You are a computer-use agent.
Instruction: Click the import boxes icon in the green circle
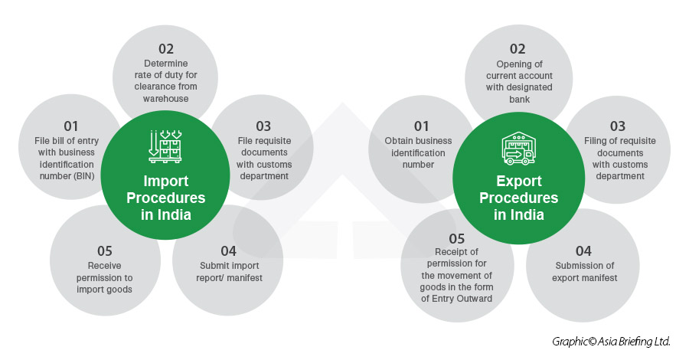click(x=165, y=146)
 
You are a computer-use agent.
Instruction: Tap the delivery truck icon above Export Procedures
click(x=518, y=148)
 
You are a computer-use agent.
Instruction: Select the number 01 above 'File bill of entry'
click(x=70, y=126)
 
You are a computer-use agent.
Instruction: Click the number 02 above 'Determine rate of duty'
click(x=166, y=49)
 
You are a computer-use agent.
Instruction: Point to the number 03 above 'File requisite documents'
click(x=263, y=126)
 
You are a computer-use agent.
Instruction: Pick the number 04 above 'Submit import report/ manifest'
click(x=228, y=251)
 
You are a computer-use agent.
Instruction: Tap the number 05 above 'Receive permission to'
click(x=105, y=251)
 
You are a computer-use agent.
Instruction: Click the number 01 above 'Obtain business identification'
click(x=421, y=126)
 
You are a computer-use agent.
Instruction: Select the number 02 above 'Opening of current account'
click(x=518, y=49)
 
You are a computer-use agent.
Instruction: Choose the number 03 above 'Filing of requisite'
click(x=617, y=126)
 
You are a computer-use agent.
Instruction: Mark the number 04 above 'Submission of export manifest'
click(x=583, y=251)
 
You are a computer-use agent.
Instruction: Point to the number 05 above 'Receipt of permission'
click(x=456, y=239)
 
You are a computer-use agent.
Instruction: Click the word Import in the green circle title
click(x=165, y=181)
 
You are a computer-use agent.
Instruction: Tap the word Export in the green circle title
click(x=519, y=181)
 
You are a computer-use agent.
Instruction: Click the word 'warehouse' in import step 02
click(x=165, y=99)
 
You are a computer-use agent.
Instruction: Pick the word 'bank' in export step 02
click(x=519, y=100)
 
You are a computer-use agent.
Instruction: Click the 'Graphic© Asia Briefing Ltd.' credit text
click(x=611, y=342)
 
